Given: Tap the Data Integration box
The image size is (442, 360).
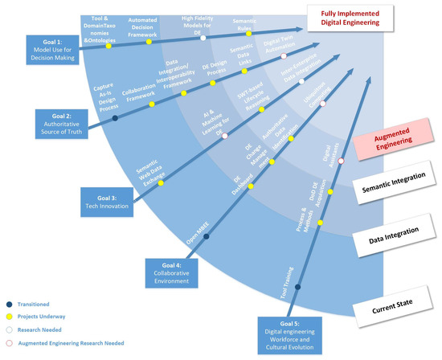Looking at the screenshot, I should pos(395,235).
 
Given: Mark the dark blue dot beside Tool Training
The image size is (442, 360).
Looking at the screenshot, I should pos(297,287).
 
